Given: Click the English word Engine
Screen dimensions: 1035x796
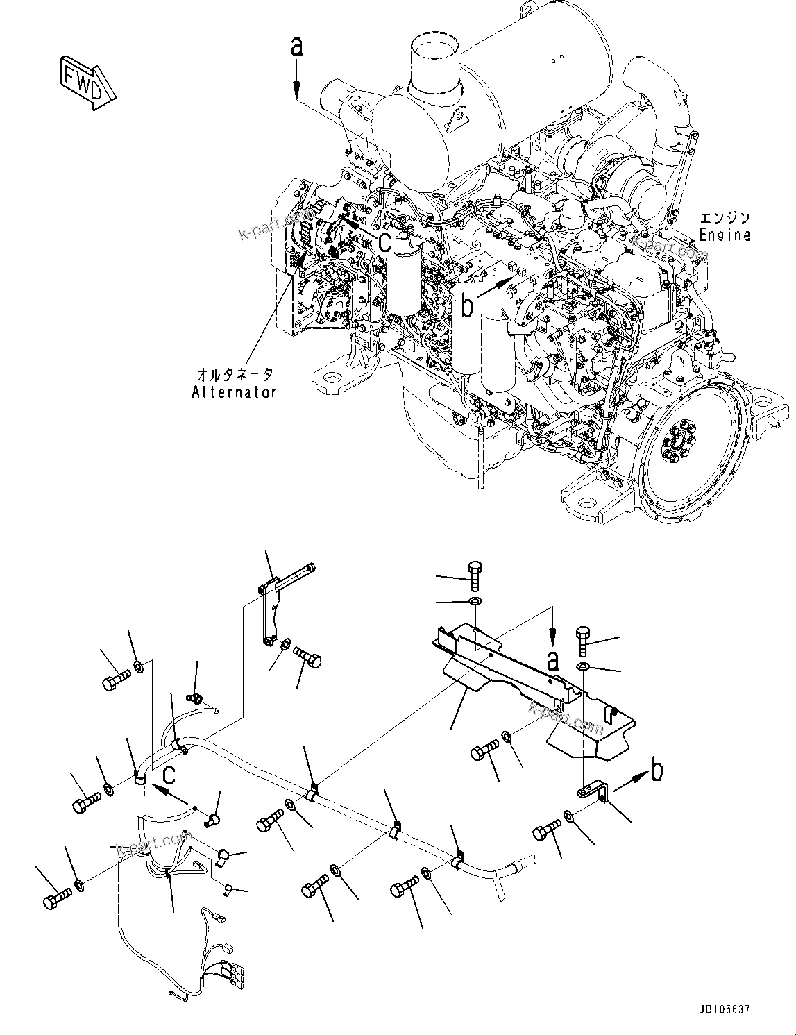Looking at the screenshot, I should [x=724, y=235].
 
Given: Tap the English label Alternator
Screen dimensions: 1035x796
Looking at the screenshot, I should [x=234, y=392].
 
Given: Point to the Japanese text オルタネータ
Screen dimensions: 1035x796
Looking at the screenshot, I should [x=235, y=375].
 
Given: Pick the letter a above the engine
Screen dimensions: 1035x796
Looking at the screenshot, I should [x=296, y=47].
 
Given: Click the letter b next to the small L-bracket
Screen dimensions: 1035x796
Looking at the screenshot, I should [x=657, y=769].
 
